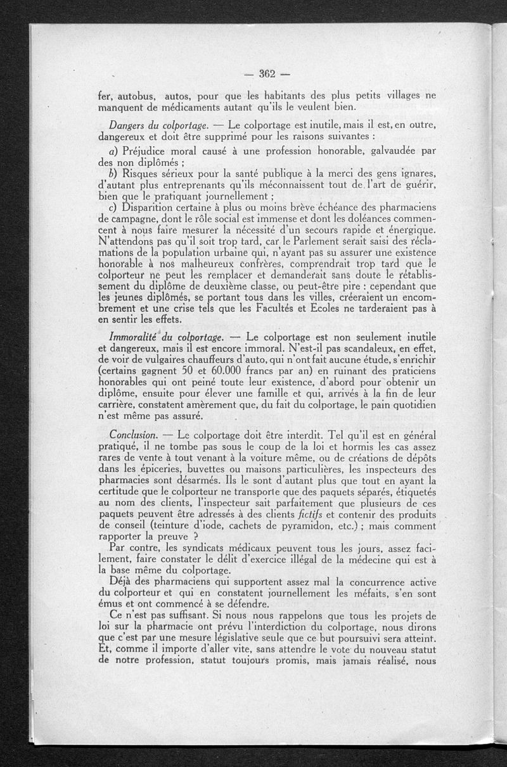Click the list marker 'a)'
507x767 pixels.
115,151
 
